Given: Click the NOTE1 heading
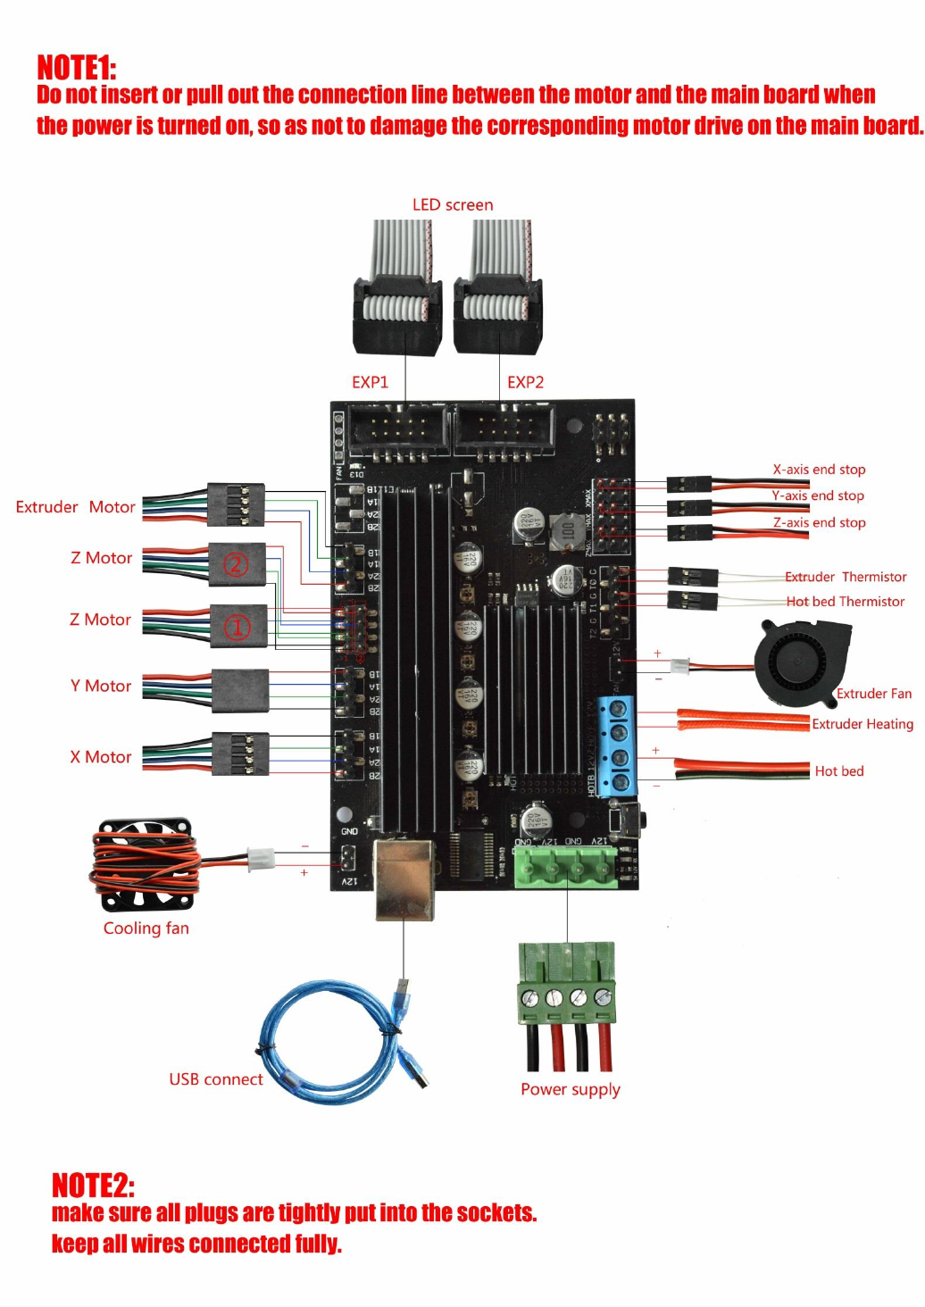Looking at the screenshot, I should tap(76, 68).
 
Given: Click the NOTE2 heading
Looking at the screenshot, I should tap(93, 1186).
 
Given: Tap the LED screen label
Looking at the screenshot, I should tap(452, 204).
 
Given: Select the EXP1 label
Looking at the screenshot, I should tap(370, 382).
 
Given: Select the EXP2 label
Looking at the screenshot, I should tap(525, 382).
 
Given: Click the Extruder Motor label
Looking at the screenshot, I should tap(75, 507).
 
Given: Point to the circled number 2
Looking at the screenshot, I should tap(236, 564).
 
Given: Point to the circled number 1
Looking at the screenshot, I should tap(237, 627).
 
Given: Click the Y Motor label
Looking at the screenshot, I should tap(101, 686).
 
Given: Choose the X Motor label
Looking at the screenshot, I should tap(101, 757).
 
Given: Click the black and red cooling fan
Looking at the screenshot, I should tap(145, 864).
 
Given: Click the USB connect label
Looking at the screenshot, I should tap(216, 1079).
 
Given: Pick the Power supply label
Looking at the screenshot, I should tap(570, 1089).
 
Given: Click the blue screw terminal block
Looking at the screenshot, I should tap(617, 745).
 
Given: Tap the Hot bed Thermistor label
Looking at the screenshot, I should tap(845, 602).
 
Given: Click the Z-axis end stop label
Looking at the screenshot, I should tap(819, 522).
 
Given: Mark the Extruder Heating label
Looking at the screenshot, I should tap(862, 724).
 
